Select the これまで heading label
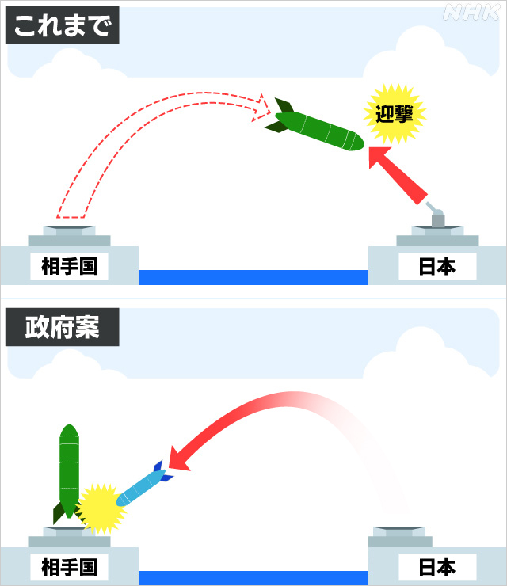click(63, 27)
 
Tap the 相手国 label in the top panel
click(69, 266)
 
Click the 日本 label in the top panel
click(436, 266)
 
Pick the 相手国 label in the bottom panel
click(69, 566)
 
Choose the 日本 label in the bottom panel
click(436, 566)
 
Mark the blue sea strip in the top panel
click(253, 277)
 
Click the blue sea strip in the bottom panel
click(253, 577)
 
